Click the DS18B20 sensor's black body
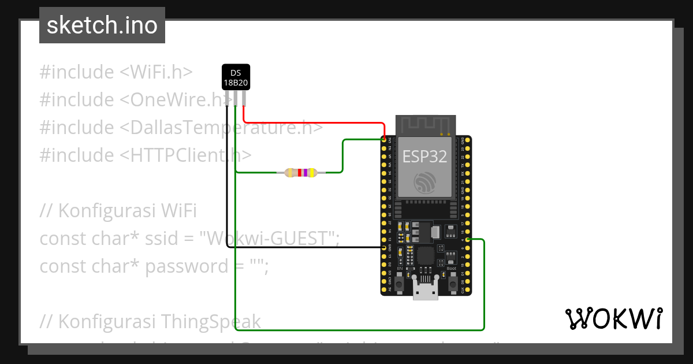click(x=236, y=77)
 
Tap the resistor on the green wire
click(x=300, y=172)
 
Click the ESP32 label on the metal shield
click(x=424, y=156)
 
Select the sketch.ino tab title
click(x=102, y=25)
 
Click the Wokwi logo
click(x=613, y=318)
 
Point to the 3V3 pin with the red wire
click(x=385, y=139)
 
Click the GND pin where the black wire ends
click(x=385, y=247)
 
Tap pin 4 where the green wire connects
click(x=467, y=239)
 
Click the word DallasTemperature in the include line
click(x=214, y=128)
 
